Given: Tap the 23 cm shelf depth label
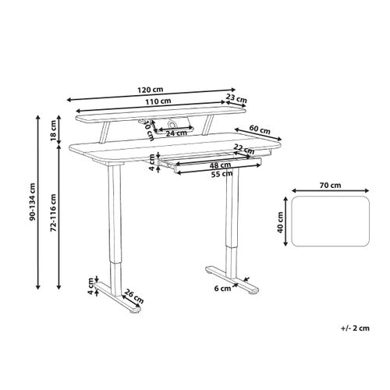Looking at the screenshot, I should click(236, 100).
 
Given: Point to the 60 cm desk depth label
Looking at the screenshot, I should click(261, 129).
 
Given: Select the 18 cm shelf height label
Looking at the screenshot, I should click(53, 128).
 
